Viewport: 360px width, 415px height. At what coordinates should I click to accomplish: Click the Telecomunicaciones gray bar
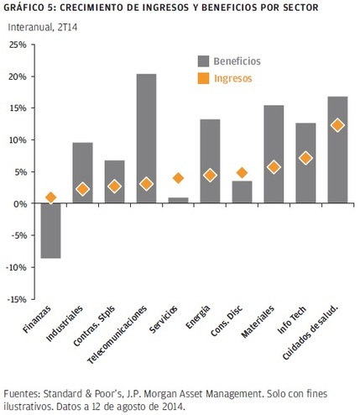146,139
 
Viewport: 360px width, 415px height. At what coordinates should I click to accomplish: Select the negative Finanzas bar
50,230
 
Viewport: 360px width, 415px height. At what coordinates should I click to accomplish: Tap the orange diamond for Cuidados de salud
337,125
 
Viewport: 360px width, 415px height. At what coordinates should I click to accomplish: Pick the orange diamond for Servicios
178,178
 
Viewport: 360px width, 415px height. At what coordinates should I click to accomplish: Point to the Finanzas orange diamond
50,197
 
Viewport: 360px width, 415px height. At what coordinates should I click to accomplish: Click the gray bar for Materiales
274,154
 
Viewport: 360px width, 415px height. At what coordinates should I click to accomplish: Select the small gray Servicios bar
178,200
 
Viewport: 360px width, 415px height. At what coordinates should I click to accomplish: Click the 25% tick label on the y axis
18,45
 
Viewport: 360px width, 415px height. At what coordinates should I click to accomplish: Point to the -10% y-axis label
16,267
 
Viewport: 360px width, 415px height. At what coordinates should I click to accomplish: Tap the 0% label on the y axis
20,203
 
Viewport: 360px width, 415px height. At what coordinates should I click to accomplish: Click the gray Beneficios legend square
203,61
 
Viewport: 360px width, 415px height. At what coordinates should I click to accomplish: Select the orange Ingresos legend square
203,78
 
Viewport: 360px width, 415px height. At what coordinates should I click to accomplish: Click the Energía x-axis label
197,317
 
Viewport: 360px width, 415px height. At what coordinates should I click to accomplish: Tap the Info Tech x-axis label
292,319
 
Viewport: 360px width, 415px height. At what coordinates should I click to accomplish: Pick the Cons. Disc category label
227,321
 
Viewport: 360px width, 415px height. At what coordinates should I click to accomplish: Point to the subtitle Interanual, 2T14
43,27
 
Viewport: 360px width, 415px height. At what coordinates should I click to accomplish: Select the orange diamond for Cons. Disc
242,173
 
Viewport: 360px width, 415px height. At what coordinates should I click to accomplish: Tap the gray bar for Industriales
82,173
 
